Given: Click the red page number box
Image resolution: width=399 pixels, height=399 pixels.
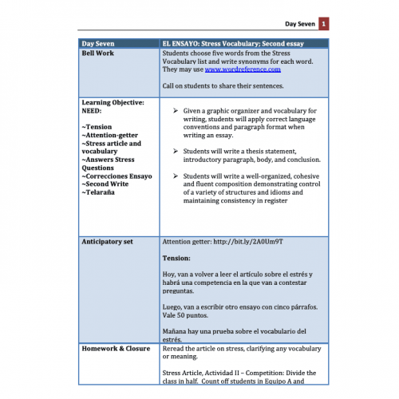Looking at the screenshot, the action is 324,25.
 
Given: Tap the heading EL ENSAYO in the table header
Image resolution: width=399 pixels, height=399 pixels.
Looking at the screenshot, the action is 180,42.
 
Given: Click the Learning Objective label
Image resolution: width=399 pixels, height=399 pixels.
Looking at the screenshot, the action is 113,102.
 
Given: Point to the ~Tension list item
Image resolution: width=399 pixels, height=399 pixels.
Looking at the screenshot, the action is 97,127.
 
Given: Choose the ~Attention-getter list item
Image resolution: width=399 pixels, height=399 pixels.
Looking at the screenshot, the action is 112,136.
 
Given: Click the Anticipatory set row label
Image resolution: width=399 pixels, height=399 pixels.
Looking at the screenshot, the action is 110,240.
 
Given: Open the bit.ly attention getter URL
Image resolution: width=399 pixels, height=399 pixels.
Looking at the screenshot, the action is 247,240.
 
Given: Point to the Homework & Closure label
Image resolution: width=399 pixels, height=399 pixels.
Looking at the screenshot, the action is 117,348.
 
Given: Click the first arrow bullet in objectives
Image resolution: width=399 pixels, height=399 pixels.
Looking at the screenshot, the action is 175,110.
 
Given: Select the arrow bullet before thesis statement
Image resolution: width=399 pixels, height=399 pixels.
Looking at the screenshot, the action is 175,149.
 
